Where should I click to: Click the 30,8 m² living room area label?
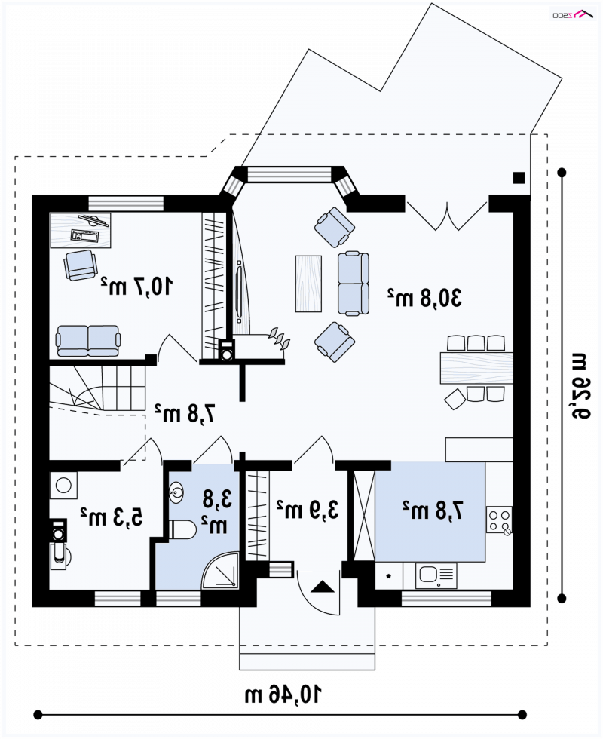pyautogui.click(x=424, y=298)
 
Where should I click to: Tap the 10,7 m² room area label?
pyautogui.click(x=136, y=286)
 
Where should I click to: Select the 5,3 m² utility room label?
pyautogui.click(x=112, y=517)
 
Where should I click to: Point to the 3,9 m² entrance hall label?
pyautogui.click(x=308, y=510)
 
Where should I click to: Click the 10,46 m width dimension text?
pyautogui.click(x=283, y=695)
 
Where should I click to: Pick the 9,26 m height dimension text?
pyautogui.click(x=580, y=386)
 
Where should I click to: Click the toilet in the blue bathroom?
pyautogui.click(x=182, y=529)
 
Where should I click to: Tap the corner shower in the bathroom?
pyautogui.click(x=220, y=570)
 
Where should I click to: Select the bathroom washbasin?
pyautogui.click(x=176, y=493)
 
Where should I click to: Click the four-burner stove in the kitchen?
pyautogui.click(x=499, y=520)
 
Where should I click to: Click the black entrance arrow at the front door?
pyautogui.click(x=323, y=587)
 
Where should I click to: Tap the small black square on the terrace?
pyautogui.click(x=519, y=178)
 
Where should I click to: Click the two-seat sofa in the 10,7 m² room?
pyautogui.click(x=88, y=340)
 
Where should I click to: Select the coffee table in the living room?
pyautogui.click(x=308, y=284)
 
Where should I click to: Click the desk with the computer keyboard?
pyautogui.click(x=81, y=231)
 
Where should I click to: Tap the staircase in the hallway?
pyautogui.click(x=97, y=389)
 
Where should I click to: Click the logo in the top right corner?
pyautogui.click(x=573, y=14)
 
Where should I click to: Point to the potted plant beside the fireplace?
pyautogui.click(x=279, y=339)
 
